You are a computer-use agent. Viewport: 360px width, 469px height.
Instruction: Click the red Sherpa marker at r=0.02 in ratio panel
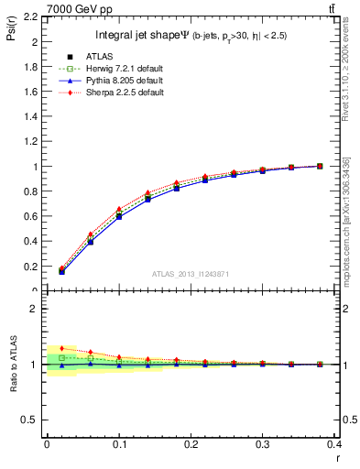pos(61,348)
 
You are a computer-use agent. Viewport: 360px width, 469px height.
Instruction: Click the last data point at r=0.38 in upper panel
pos(320,166)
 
